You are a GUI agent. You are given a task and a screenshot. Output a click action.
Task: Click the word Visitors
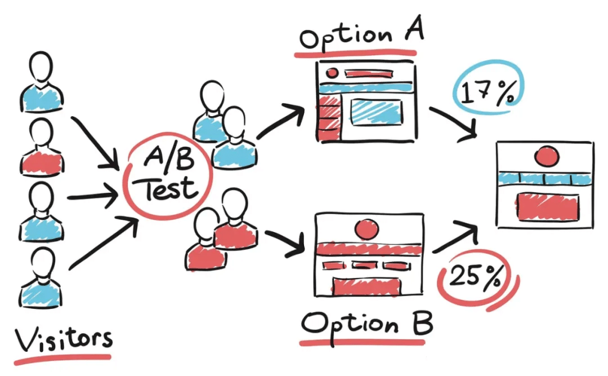click(x=63, y=339)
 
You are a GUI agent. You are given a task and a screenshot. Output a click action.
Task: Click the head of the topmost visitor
click(x=41, y=67)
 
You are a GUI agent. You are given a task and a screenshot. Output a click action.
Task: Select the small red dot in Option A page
click(x=332, y=73)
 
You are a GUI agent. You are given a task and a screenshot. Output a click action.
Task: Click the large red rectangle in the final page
click(x=546, y=206)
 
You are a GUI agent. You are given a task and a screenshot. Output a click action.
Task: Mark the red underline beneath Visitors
click(x=62, y=359)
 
